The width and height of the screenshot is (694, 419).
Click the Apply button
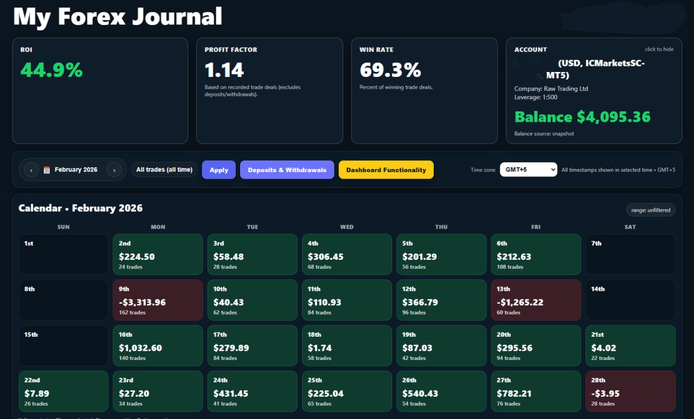[219, 170]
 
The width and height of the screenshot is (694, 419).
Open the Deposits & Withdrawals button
[287, 170]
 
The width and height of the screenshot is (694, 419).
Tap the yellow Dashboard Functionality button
[386, 170]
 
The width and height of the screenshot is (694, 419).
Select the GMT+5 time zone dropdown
[528, 170]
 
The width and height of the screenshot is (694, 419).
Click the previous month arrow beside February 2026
[31, 170]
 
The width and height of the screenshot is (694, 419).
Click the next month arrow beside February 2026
[114, 170]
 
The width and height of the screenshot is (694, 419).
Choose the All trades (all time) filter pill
[164, 170]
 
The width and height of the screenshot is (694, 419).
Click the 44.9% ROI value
[52, 70]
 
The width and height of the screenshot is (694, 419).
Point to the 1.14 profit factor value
[224, 70]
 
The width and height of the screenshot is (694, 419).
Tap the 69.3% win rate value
[390, 70]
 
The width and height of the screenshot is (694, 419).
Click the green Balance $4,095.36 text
[582, 117]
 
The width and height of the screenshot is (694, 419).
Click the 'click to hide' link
[659, 49]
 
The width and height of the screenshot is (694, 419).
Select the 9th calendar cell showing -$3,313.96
[158, 300]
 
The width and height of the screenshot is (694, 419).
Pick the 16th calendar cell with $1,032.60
[158, 345]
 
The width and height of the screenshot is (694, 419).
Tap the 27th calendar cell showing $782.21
[536, 391]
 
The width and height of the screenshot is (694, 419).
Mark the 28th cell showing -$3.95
[630, 391]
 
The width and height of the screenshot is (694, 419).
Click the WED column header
[346, 227]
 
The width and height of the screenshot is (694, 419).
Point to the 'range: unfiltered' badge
[651, 210]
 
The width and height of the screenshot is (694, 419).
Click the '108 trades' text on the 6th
[510, 267]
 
